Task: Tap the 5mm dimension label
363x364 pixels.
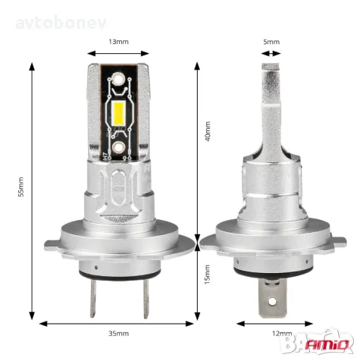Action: coord(271,42)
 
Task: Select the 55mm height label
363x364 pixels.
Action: coord(22,190)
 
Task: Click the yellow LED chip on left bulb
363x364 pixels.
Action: coord(119,114)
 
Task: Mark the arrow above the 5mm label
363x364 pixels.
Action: coord(271,53)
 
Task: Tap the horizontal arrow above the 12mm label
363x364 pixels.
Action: coord(271,322)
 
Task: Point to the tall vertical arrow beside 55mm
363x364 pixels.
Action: coord(33,190)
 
